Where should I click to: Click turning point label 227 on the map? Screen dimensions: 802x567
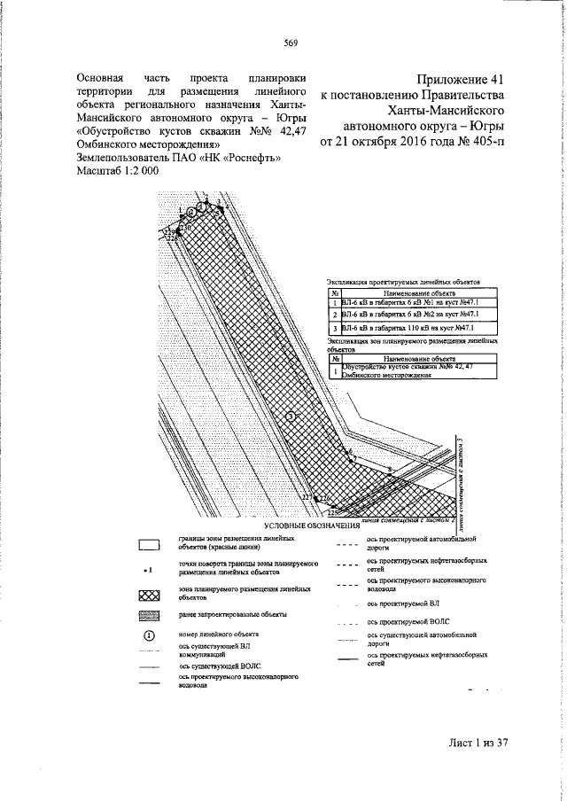pyautogui.click(x=307, y=499)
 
